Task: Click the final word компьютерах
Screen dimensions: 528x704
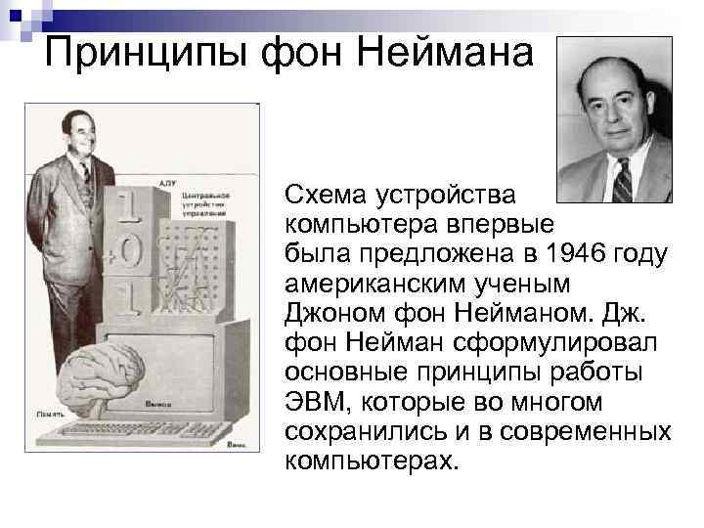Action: tap(370, 460)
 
